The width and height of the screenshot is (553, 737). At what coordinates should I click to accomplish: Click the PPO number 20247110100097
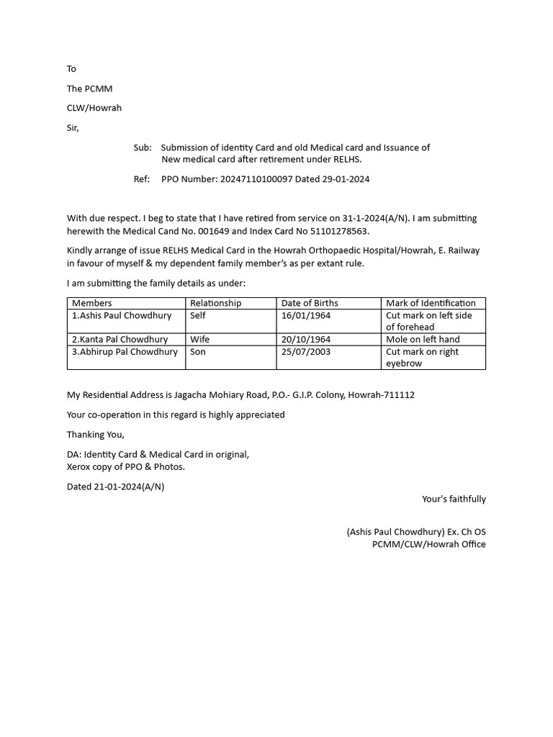tap(256, 179)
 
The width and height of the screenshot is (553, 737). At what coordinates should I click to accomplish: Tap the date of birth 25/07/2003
tap(306, 352)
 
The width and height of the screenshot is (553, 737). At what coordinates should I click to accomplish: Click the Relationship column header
tap(215, 303)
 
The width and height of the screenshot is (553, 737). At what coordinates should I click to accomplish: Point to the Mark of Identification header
tap(431, 303)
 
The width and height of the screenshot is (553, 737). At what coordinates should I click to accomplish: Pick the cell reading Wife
tap(200, 339)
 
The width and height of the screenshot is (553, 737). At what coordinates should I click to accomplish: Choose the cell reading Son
tap(198, 352)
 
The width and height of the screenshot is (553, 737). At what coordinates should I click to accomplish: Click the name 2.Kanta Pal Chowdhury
tap(120, 339)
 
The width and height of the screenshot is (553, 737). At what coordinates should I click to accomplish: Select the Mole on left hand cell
tap(423, 339)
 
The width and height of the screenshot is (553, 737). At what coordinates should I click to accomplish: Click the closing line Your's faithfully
tap(454, 499)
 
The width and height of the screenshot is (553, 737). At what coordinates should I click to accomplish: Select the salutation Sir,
tap(73, 128)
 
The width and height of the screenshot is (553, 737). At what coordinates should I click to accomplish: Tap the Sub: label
tap(143, 148)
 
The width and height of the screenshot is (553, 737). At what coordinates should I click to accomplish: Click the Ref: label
tap(142, 179)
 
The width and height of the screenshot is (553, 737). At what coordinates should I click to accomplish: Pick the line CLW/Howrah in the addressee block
tap(94, 108)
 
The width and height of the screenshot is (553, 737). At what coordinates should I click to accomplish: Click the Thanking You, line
tap(96, 435)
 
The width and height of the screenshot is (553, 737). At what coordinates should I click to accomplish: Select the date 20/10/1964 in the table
tap(306, 339)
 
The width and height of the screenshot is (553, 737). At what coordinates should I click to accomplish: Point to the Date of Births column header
tap(310, 303)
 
